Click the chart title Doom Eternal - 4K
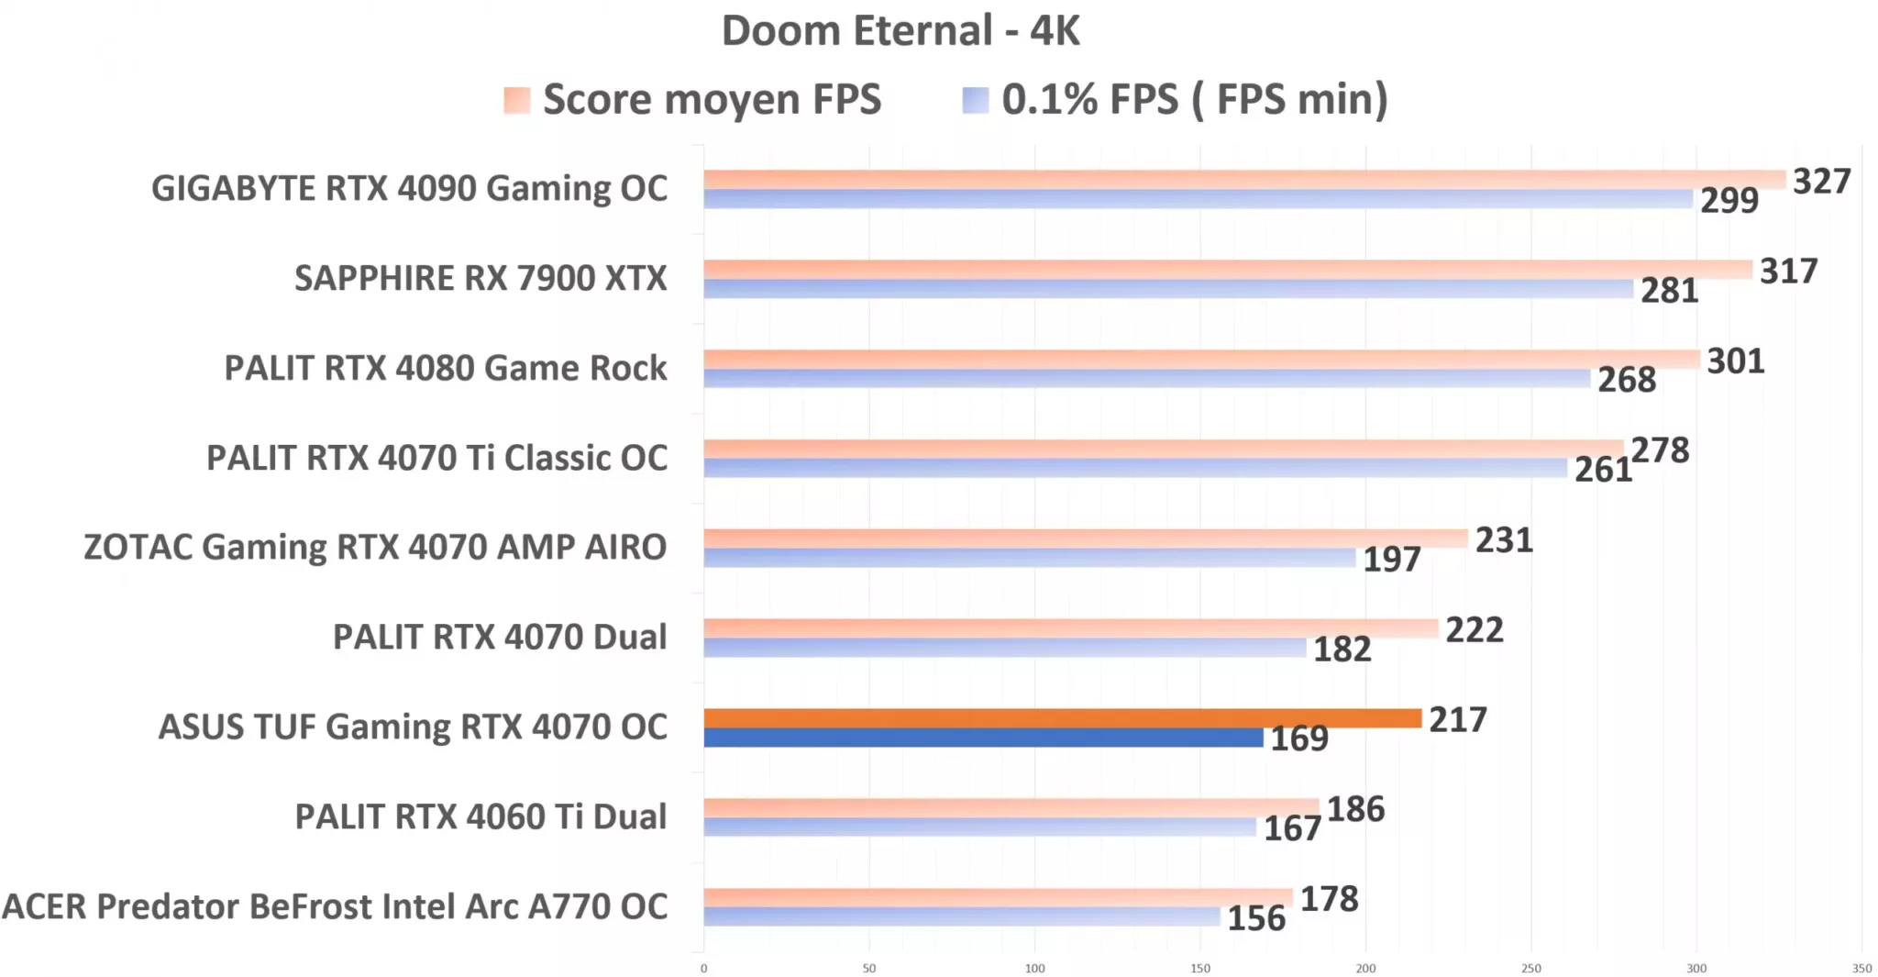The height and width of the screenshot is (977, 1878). click(900, 31)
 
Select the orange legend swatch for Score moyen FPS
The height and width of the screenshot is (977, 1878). click(517, 100)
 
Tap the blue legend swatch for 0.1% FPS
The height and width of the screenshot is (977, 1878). click(976, 100)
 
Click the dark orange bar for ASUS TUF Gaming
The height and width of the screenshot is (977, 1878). click(1062, 718)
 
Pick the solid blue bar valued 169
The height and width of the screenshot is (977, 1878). click(983, 738)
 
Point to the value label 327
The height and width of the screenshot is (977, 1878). click(1821, 182)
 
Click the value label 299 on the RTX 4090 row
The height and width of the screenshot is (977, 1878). click(1729, 200)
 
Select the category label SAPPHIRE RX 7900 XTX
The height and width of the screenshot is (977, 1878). click(481, 278)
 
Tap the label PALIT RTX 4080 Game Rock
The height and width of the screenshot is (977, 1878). click(446, 368)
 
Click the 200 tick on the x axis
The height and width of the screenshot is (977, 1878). click(1365, 968)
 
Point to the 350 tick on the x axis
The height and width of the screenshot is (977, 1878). click(1861, 968)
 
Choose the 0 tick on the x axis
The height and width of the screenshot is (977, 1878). click(704, 968)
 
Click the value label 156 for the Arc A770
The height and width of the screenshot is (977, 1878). click(1256, 918)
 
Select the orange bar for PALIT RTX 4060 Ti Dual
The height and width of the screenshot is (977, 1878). click(1011, 807)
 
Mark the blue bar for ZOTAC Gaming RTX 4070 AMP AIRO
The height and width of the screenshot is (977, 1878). click(1029, 558)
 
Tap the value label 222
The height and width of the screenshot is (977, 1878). click(1475, 630)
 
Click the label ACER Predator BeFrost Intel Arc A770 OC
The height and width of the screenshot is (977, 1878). click(335, 906)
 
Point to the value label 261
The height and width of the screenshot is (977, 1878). click(1603, 470)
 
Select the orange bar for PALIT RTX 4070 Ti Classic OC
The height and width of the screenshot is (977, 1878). click(1163, 449)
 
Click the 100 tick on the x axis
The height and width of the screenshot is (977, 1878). click(1034, 968)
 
